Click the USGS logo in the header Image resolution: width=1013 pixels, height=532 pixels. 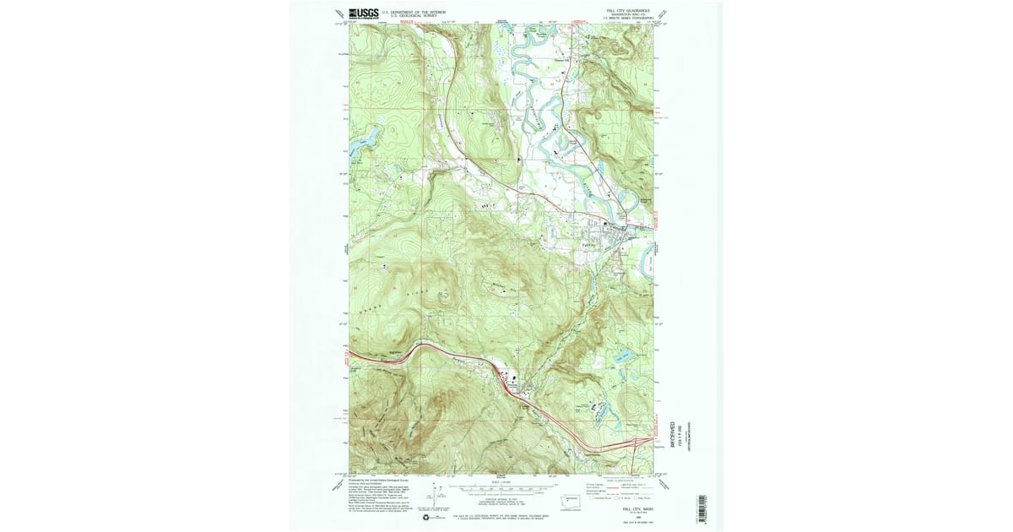point(361,13)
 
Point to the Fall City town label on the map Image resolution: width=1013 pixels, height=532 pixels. point(590,244)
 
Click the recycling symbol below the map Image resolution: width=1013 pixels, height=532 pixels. point(428,517)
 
